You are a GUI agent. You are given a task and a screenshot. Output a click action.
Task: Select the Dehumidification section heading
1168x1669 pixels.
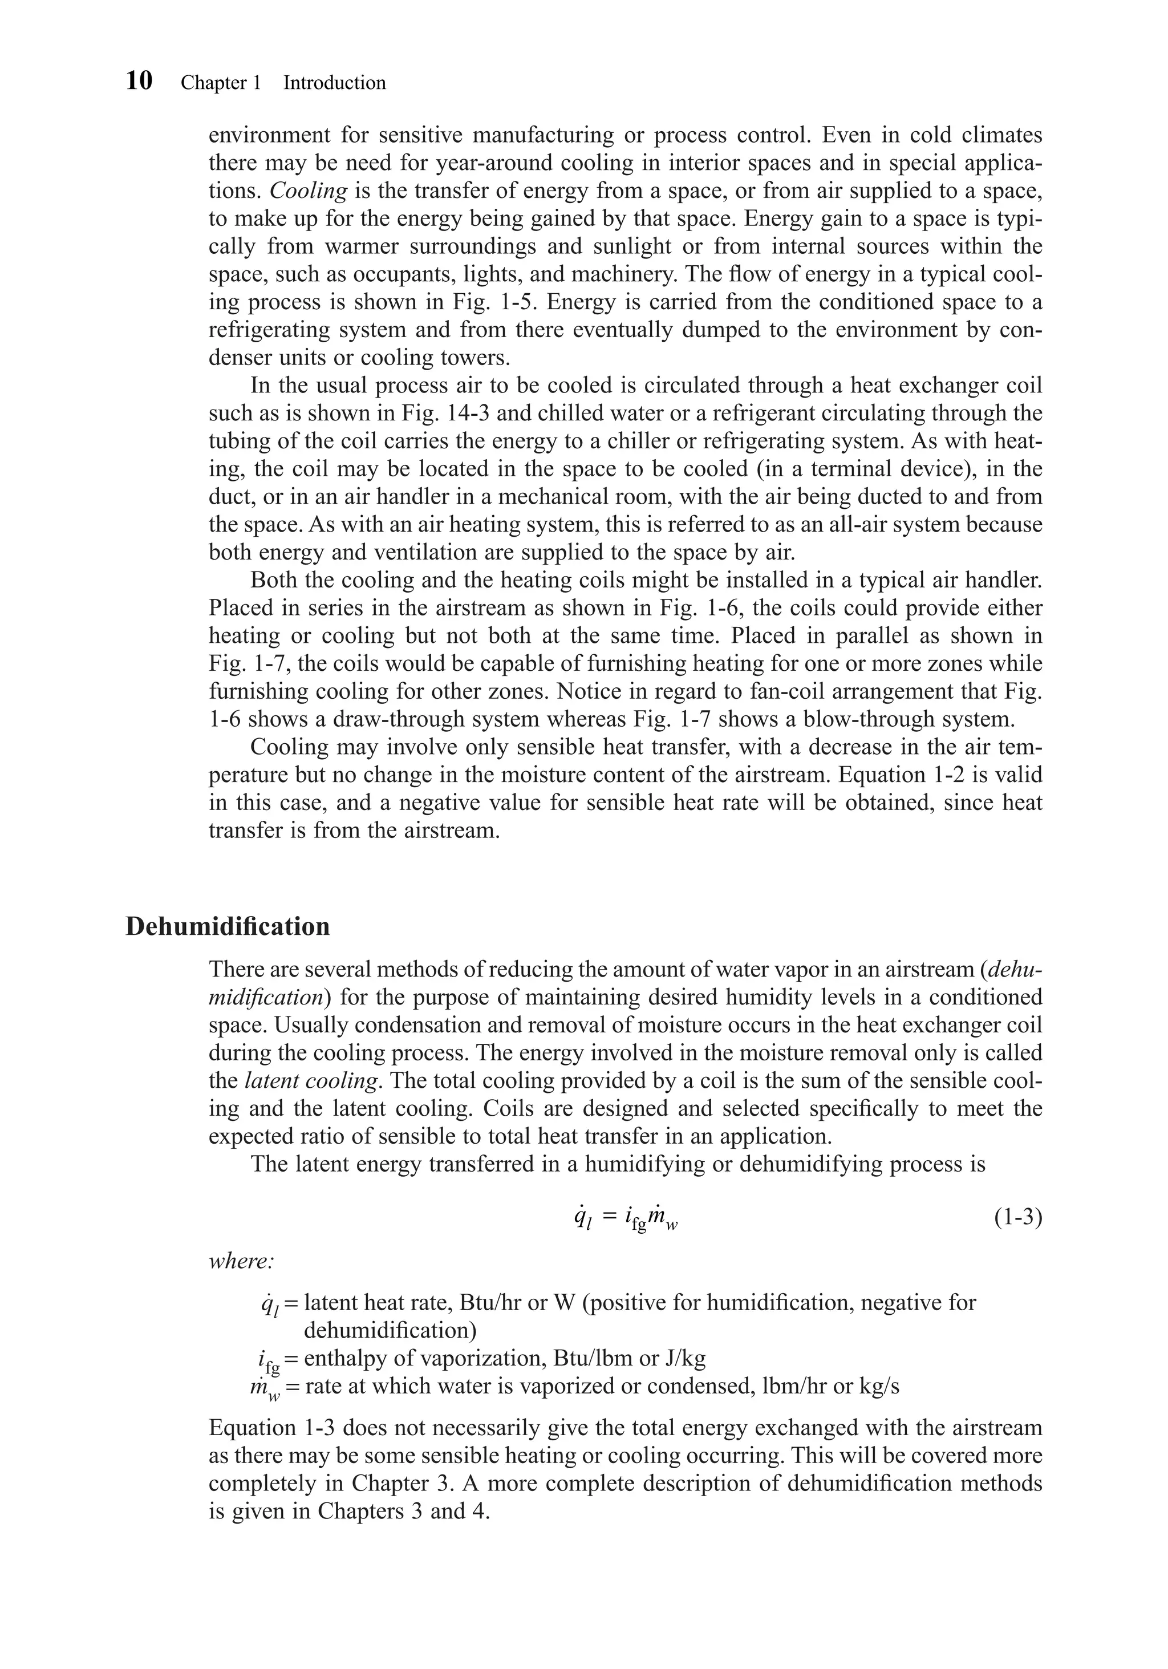(x=228, y=927)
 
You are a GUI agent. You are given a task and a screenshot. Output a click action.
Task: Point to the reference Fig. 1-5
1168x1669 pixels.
(x=467, y=302)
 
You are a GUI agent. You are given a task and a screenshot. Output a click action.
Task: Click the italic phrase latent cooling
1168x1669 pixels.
(x=311, y=1081)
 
